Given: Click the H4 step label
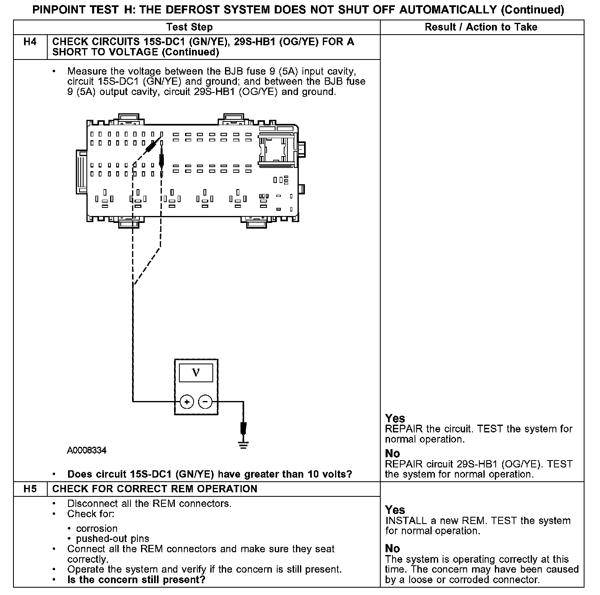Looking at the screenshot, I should [30, 42].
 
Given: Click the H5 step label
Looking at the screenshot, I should [30, 489].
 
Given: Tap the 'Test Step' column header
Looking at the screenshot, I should [190, 27].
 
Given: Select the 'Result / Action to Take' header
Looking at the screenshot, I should [481, 27].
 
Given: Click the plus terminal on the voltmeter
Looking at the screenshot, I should [187, 402].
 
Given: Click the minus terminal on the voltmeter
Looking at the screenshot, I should [205, 402].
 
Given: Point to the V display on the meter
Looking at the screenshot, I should [196, 373].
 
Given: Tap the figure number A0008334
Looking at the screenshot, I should [87, 451].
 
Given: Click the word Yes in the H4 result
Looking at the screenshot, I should [395, 419].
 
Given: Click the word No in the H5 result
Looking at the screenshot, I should [393, 549].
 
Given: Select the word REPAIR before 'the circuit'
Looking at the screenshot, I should [404, 429].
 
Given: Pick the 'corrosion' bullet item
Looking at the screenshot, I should [97, 529].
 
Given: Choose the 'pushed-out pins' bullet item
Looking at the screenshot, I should [112, 539].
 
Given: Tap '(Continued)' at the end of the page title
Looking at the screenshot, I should [532, 10].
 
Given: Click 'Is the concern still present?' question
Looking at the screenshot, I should [136, 580].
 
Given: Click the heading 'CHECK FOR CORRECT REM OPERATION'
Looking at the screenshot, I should [155, 489].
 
